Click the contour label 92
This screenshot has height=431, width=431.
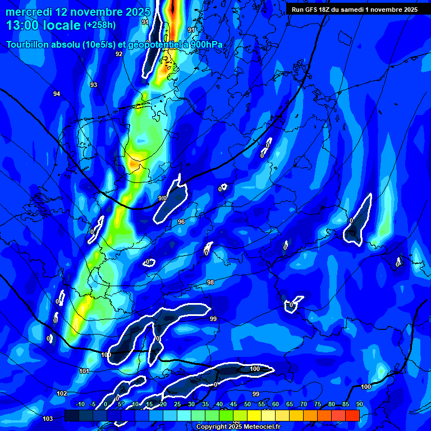[x=119, y=54]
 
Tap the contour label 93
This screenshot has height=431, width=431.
[x=94, y=85]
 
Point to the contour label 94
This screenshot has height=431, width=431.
[x=57, y=94]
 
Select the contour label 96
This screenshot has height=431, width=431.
[x=181, y=222]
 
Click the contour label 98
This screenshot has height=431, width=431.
[x=210, y=282]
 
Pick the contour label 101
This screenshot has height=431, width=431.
[x=84, y=371]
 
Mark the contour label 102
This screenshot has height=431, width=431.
[x=62, y=393]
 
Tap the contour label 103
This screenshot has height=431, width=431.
[x=48, y=419]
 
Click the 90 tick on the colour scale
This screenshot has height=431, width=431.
[x=359, y=405]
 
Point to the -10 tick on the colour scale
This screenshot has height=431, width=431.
[x=80, y=405]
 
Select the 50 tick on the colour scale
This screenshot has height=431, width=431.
[x=247, y=405]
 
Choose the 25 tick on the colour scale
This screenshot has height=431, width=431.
[x=177, y=405]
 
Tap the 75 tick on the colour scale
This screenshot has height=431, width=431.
[x=318, y=405]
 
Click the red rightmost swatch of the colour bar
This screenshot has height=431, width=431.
[x=352, y=415]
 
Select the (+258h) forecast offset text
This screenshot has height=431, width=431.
[x=99, y=25]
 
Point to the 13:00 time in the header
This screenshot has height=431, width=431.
[x=23, y=25]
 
